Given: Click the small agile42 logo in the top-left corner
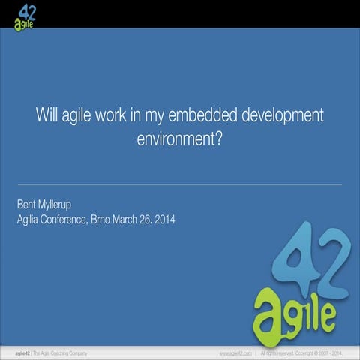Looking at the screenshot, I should tap(25, 14).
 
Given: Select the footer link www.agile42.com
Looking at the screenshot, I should tap(235, 352).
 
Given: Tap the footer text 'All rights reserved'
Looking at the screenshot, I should tap(280, 352).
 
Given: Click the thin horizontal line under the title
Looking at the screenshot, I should tap(180, 184).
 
